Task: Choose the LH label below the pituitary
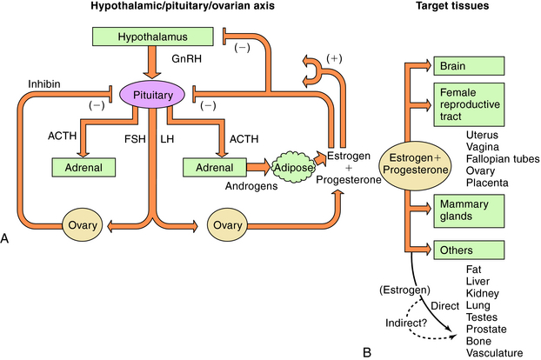point(168,138)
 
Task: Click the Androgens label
point(224,184)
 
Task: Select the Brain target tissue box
point(469,66)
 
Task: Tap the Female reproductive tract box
point(469,104)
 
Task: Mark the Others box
point(469,250)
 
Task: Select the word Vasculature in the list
point(495,352)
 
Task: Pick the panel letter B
point(367,351)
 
